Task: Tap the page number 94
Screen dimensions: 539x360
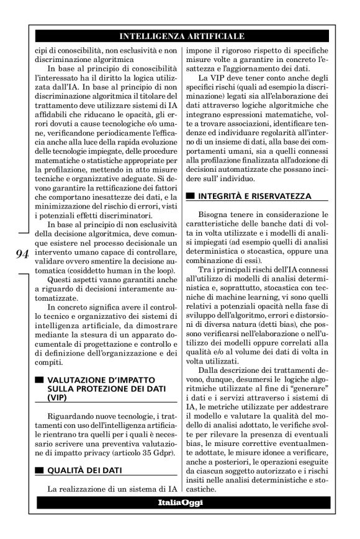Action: [x=23, y=253]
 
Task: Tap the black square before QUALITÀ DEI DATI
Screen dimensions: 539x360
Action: [x=40, y=471]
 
